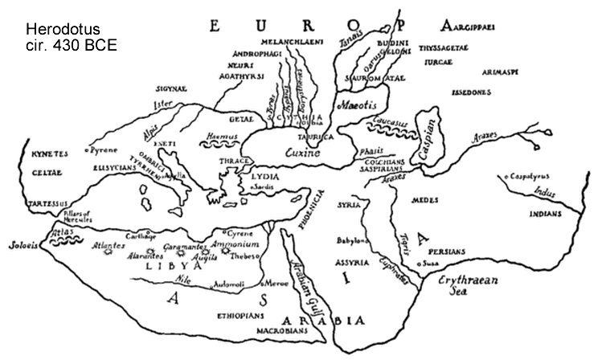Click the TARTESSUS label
[45, 203]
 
